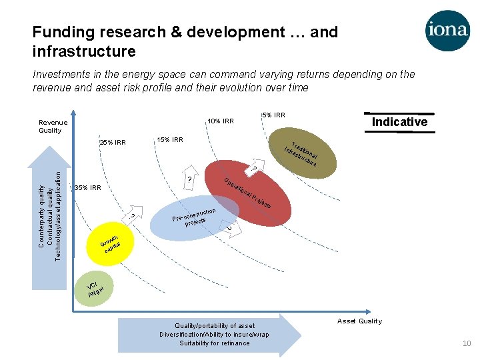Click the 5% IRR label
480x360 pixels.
[273, 115]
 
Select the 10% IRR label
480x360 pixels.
[220, 121]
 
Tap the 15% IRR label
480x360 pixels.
[169, 139]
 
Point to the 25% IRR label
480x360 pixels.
[112, 143]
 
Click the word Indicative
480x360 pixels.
[399, 122]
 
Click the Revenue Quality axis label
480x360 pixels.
[53, 127]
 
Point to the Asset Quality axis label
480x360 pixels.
[359, 321]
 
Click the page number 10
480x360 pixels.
[467, 343]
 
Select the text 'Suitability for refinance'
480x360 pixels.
[214, 343]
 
